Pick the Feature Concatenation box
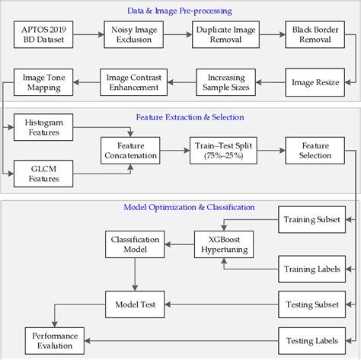[x=132, y=151]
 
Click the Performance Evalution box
[x=54, y=339]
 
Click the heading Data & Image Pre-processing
[x=178, y=11]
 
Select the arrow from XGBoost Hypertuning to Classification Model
[x=181, y=244]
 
